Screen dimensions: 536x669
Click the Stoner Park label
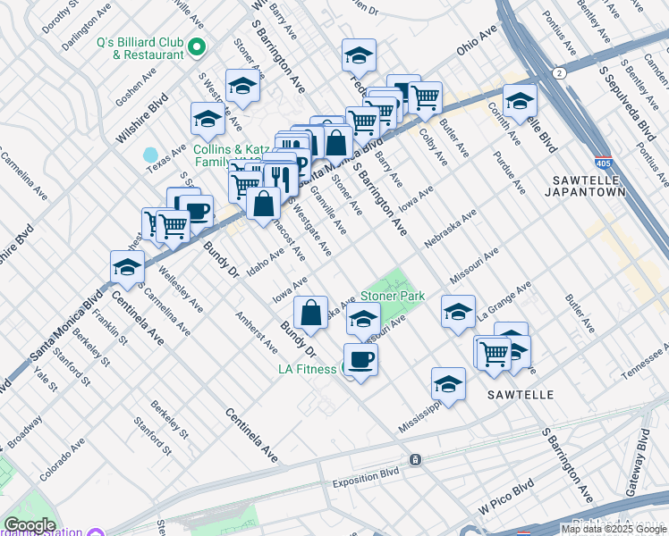coord(392,296)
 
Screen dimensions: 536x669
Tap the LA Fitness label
coord(306,369)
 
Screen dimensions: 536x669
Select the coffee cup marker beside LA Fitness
coord(360,360)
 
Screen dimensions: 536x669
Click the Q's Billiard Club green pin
coord(197,46)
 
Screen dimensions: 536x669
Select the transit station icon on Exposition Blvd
coord(416,459)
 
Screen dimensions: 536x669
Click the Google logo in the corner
coord(29,525)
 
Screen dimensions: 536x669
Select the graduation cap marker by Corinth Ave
coord(519,100)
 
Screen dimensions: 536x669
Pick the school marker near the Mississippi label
coord(448,383)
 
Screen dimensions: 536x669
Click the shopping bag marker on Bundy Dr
coord(310,313)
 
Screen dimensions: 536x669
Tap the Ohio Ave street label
coord(477,43)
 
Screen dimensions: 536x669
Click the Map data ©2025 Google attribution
coord(614,529)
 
